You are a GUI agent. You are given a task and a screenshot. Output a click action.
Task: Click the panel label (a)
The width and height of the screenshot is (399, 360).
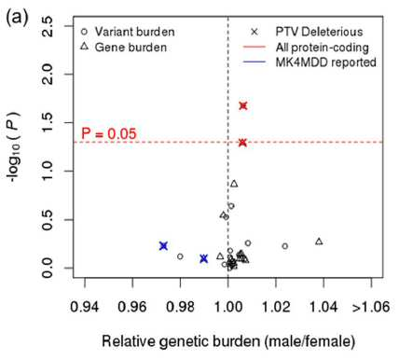click(17, 17)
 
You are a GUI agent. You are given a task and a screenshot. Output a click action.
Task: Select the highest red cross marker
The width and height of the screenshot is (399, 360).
click(243, 105)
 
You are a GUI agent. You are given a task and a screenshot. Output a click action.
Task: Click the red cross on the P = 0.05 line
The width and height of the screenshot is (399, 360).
click(243, 143)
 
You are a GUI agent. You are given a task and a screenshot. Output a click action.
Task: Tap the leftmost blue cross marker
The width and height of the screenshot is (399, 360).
click(163, 246)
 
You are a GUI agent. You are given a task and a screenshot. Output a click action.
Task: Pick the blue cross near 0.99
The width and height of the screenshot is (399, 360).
click(204, 258)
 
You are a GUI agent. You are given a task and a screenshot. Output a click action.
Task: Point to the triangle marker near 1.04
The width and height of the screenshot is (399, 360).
click(319, 242)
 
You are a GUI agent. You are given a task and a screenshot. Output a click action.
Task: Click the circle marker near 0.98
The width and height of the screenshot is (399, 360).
click(180, 256)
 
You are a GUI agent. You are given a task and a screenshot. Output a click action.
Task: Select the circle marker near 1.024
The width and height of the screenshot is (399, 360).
click(285, 246)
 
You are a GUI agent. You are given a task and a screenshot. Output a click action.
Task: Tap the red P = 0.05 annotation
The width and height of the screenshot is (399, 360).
click(109, 133)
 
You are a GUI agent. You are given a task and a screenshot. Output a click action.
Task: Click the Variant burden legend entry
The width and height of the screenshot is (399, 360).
click(128, 32)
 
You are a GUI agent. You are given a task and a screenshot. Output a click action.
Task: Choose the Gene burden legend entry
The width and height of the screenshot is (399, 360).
click(123, 48)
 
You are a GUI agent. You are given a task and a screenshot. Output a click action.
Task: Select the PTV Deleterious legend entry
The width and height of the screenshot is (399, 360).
click(307, 32)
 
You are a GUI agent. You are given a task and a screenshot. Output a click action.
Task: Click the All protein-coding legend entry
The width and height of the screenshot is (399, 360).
click(306, 48)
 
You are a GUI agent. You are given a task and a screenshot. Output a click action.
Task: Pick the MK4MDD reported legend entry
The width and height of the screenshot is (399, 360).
click(310, 62)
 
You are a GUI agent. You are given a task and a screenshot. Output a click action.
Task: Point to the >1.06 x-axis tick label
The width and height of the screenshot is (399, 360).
click(371, 307)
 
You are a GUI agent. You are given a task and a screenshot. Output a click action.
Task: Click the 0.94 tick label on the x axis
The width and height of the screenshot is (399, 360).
click(85, 307)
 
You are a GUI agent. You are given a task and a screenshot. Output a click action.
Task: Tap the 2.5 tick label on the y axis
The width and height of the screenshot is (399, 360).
click(48, 26)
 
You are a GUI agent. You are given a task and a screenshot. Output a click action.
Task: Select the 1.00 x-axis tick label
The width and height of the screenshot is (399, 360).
click(228, 307)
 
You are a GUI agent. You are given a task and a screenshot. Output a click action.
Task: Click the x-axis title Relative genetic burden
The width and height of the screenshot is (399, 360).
click(228, 341)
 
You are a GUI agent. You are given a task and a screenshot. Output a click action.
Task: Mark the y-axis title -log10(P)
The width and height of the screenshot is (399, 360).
click(14, 147)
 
